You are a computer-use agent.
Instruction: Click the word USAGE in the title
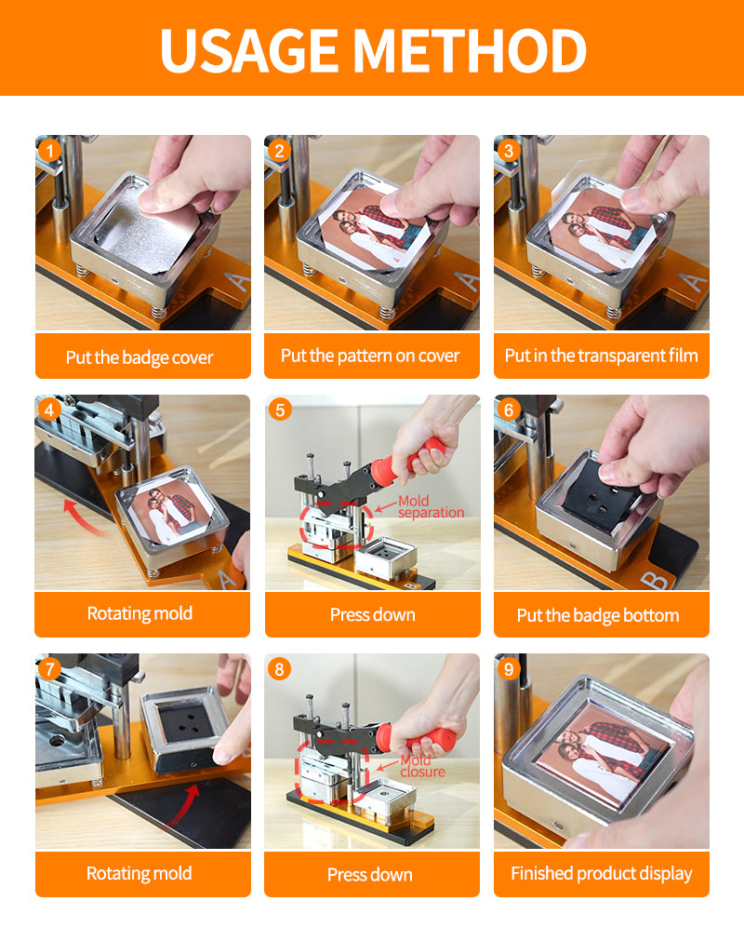[250, 50]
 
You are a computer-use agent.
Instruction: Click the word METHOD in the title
[470, 50]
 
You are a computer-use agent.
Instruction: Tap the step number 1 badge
[50, 150]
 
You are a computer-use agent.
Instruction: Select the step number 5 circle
[279, 410]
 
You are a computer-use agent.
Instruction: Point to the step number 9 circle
[509, 668]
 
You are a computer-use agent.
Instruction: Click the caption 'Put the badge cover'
[139, 357]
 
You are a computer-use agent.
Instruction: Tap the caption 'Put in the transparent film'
[602, 356]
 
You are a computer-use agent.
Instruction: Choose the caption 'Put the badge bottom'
[598, 616]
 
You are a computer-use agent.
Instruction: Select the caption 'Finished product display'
[602, 874]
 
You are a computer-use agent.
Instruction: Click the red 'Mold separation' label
[431, 506]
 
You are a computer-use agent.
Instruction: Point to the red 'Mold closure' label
[422, 766]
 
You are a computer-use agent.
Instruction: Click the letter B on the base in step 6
[655, 581]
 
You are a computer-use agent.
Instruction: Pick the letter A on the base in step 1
[237, 281]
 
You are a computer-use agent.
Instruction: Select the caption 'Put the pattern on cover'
[370, 356]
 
